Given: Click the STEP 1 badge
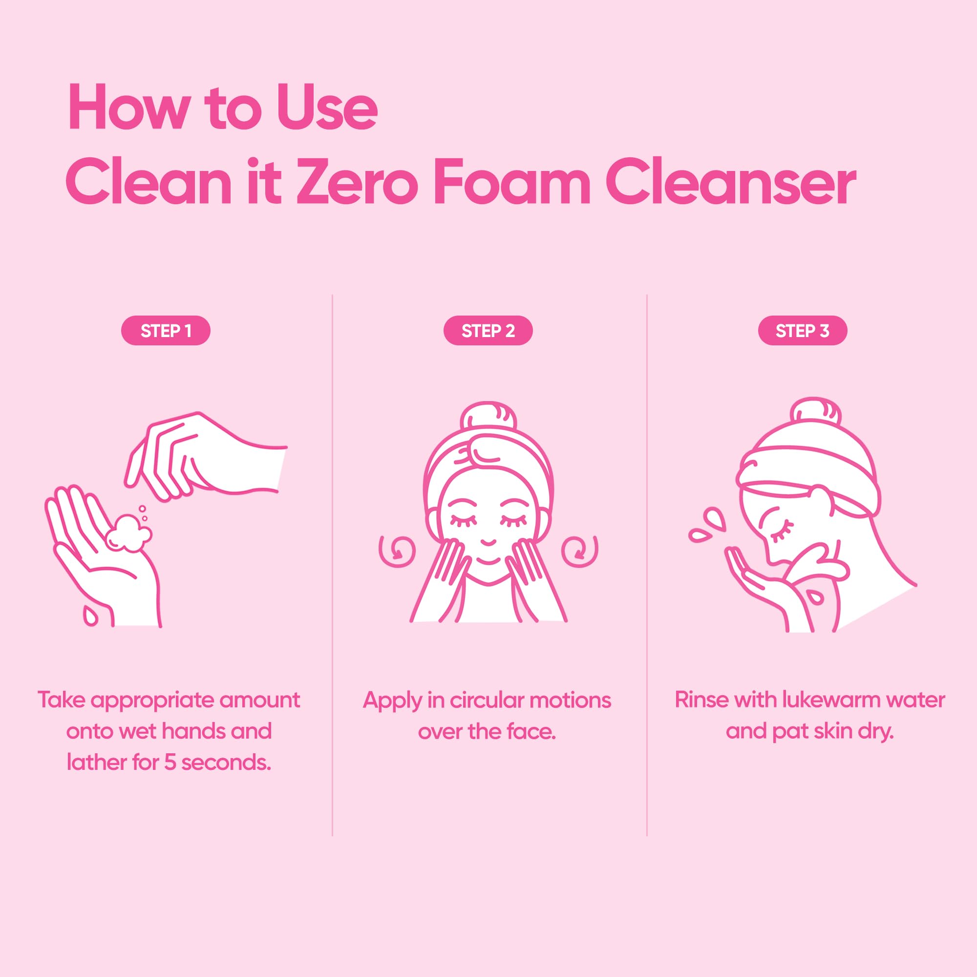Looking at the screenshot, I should (x=166, y=331).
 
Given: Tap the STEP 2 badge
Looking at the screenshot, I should (x=488, y=331).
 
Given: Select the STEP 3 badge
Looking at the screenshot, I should (x=803, y=331).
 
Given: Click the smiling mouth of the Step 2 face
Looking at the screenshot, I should (x=488, y=543).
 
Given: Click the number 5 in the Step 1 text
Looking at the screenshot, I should (x=170, y=762).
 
